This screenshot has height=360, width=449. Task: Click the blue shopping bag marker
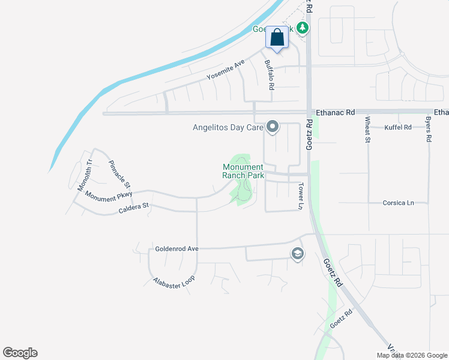pyautogui.click(x=277, y=37)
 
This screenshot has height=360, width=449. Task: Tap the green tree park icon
pyautogui.click(x=303, y=28)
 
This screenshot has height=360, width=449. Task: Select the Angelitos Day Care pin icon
pyautogui.click(x=273, y=127)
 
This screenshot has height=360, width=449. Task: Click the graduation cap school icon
pyautogui.click(x=297, y=254)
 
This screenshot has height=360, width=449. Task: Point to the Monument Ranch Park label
pyautogui.click(x=243, y=171)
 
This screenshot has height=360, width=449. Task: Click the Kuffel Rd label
pyautogui.click(x=399, y=127)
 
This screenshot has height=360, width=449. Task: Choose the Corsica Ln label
pyautogui.click(x=399, y=203)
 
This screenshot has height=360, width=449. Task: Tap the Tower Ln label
pyautogui.click(x=301, y=196)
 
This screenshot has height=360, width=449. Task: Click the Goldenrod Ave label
pyautogui.click(x=176, y=248)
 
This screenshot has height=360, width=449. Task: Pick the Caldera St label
pyautogui.click(x=133, y=207)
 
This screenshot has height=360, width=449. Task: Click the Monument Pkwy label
pyautogui.click(x=108, y=196)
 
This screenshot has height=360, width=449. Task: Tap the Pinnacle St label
pyautogui.click(x=119, y=175)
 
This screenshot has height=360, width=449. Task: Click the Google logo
pyautogui.click(x=20, y=353)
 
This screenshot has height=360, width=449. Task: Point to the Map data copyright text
pyautogui.click(x=411, y=355)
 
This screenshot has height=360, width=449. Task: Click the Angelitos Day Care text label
pyautogui.click(x=228, y=127)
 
